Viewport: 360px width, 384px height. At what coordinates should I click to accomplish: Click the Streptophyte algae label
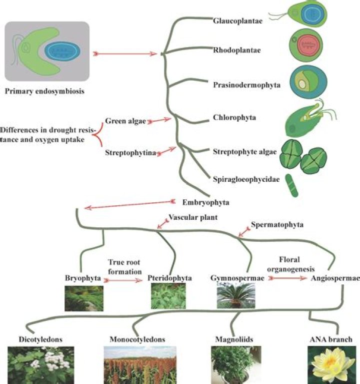pyautogui.click(x=244, y=152)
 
